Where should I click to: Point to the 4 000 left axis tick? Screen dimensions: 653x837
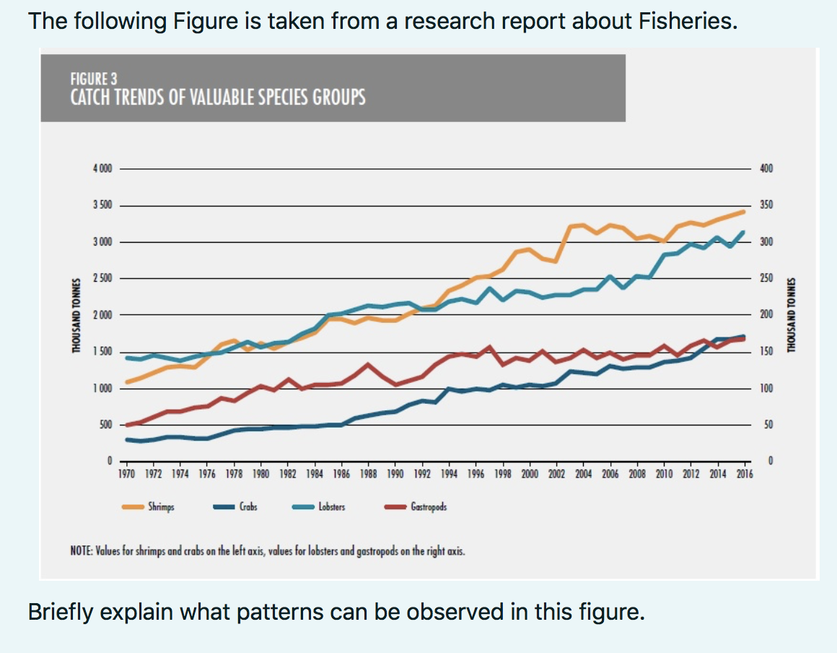point(102,169)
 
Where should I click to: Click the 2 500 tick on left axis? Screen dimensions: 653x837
point(102,279)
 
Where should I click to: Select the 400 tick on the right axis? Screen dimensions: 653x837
point(766,169)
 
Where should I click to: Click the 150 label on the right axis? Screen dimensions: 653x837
point(766,352)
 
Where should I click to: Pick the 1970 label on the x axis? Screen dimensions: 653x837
point(127,475)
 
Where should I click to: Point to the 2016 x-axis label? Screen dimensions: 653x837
point(745,475)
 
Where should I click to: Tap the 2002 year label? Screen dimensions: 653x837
point(557,475)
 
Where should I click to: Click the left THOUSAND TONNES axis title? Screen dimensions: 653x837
point(75,316)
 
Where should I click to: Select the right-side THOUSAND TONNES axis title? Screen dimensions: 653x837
point(792,316)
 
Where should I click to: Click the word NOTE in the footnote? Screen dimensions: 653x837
point(78,552)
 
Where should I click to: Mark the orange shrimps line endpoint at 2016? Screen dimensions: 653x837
point(743,211)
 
